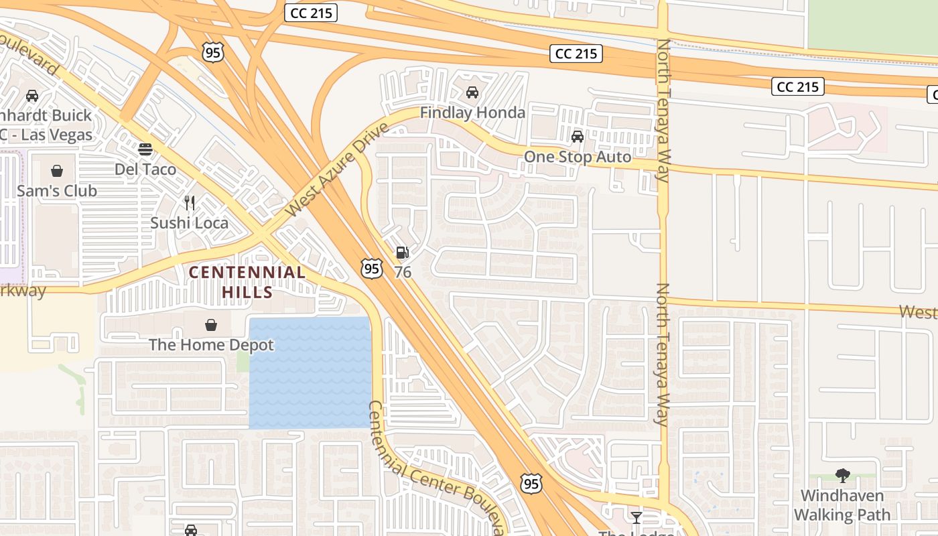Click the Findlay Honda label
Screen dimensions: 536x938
pos(472,113)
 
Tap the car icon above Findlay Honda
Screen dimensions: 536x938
pos(472,92)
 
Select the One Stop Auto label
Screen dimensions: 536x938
pos(577,157)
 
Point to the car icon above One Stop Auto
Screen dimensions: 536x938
pos(577,137)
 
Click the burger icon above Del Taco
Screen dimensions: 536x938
pos(145,149)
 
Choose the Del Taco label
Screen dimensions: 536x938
pos(145,169)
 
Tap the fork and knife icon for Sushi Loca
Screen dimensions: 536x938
pos(190,202)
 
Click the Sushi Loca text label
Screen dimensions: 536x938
pos(189,222)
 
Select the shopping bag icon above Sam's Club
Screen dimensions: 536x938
pos(57,171)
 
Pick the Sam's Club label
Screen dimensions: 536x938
pos(57,191)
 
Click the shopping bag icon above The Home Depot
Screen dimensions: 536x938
pos(211,325)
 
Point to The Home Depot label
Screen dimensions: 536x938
pos(211,345)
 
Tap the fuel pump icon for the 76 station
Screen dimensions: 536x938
pos(402,253)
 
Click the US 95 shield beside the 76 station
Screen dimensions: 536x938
pos(371,269)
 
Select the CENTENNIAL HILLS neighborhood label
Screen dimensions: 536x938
pos(247,282)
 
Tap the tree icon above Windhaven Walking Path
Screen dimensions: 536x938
pos(843,476)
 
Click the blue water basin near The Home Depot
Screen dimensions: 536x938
pos(310,373)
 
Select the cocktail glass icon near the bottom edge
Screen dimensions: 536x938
pos(636,517)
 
